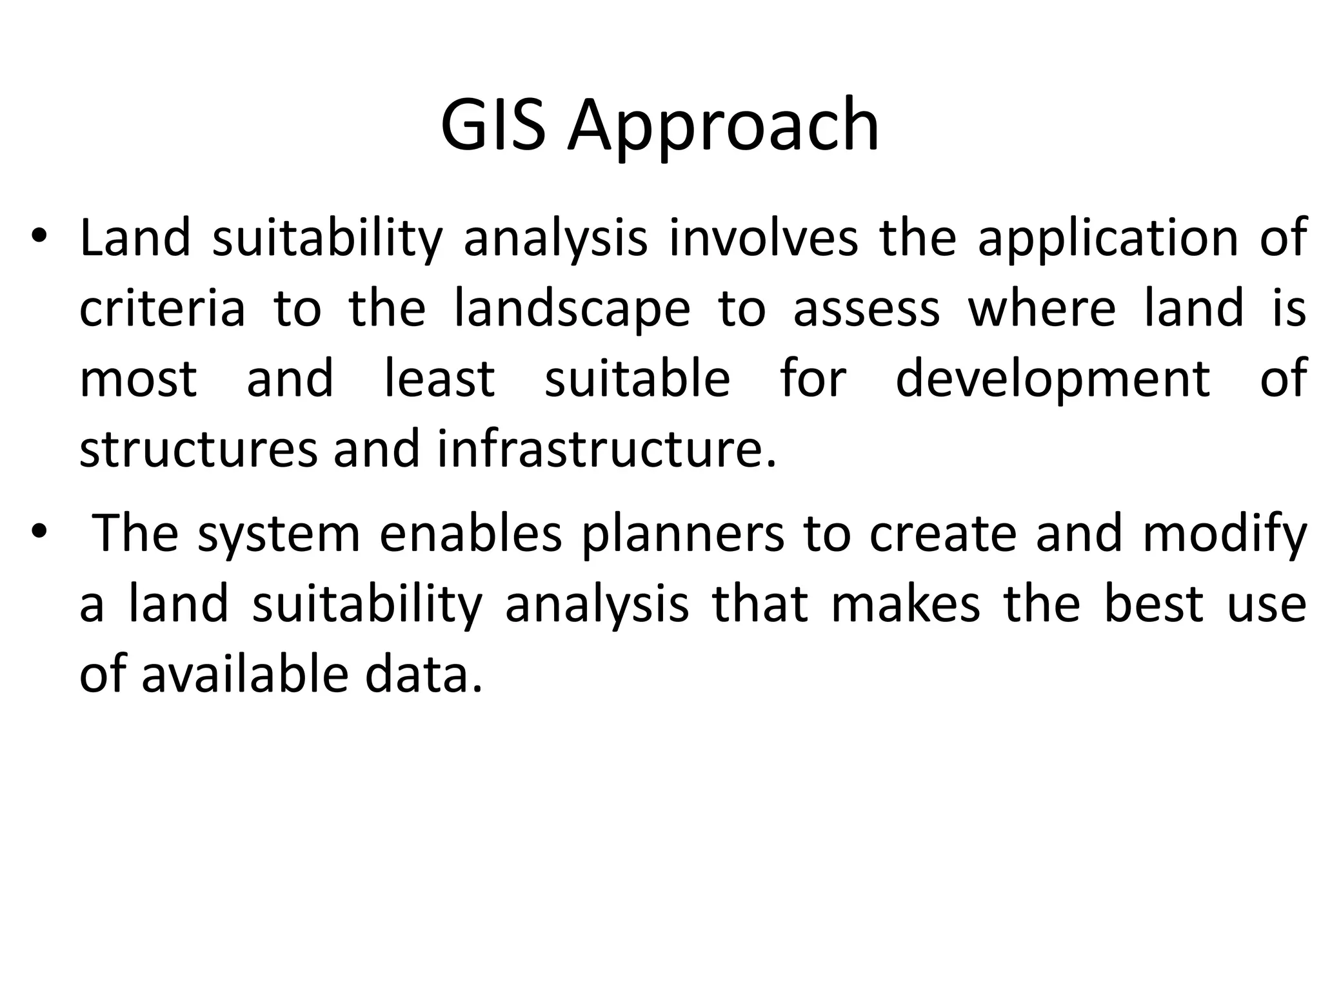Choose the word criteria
pyautogui.click(x=162, y=309)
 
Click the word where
pyautogui.click(x=1042, y=309)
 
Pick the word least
pyautogui.click(x=439, y=379)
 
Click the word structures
pyautogui.click(x=199, y=450)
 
